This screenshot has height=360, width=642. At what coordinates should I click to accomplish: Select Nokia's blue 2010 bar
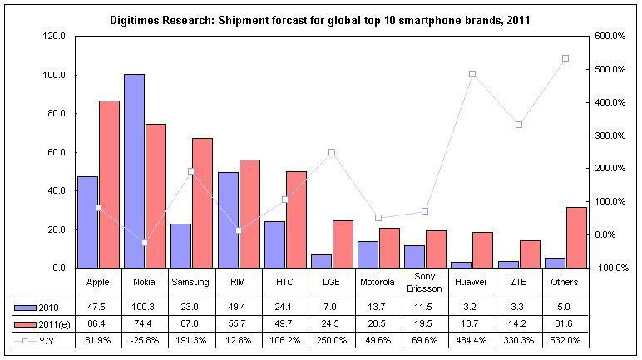pyautogui.click(x=134, y=170)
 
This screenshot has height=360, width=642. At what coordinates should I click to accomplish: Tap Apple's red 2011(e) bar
pyautogui.click(x=109, y=184)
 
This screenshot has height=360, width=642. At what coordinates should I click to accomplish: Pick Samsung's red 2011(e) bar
pyautogui.click(x=203, y=203)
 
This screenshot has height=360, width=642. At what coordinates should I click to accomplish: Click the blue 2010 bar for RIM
pyautogui.click(x=228, y=219)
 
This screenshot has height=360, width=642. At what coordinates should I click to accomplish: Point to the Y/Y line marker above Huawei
pyautogui.click(x=472, y=74)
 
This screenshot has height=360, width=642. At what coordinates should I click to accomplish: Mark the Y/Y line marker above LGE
pyautogui.click(x=332, y=152)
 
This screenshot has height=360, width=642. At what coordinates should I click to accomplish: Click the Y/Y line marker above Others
pyautogui.click(x=565, y=58)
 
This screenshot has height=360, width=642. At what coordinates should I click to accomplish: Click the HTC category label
pyautogui.click(x=285, y=282)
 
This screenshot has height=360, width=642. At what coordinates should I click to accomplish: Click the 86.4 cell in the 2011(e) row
pyautogui.click(x=98, y=323)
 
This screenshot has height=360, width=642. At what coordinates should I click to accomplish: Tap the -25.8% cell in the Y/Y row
pyautogui.click(x=145, y=340)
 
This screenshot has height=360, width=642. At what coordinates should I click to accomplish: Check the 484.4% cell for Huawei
pyautogui.click(x=472, y=340)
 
